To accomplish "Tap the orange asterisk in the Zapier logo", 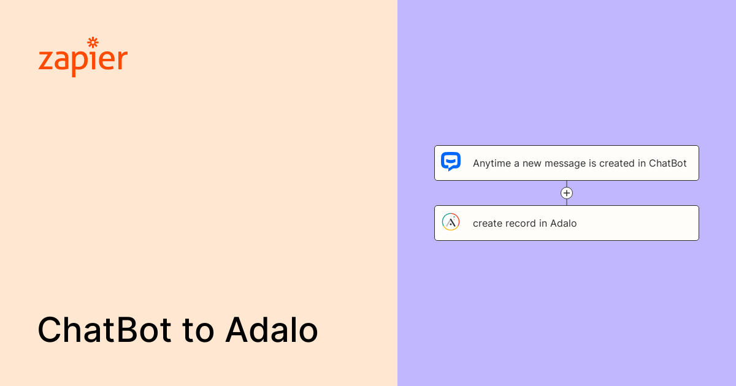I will click(93, 42).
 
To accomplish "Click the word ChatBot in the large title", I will click(105, 330).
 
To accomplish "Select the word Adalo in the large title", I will click(271, 330).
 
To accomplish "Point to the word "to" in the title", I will click(198, 330).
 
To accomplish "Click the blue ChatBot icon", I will click(451, 162).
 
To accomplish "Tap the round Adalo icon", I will click(451, 222).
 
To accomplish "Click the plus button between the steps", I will click(567, 193).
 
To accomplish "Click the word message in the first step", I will click(563, 164).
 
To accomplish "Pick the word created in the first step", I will click(613, 164).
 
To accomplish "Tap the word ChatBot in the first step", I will click(668, 164).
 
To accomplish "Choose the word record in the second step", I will click(521, 224).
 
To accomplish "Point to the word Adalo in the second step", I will click(564, 224).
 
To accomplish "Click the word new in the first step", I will click(532, 164).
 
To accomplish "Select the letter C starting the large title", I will click(51, 330).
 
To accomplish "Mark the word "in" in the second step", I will click(543, 224).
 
